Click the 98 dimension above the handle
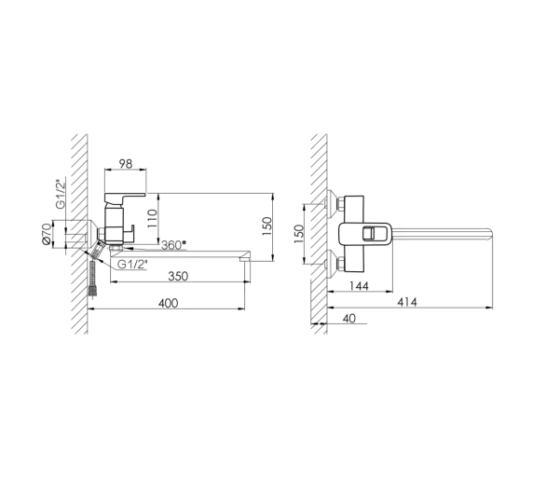coord(126,163)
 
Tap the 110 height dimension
coord(152,218)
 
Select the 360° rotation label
coord(173,245)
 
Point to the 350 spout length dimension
coord(178,276)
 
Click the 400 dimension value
coord(169,304)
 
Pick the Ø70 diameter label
coord(47,234)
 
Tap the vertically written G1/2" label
coord(61,194)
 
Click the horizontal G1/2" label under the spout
coord(132,265)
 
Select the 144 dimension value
coord(359,286)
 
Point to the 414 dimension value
coord(407,302)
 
